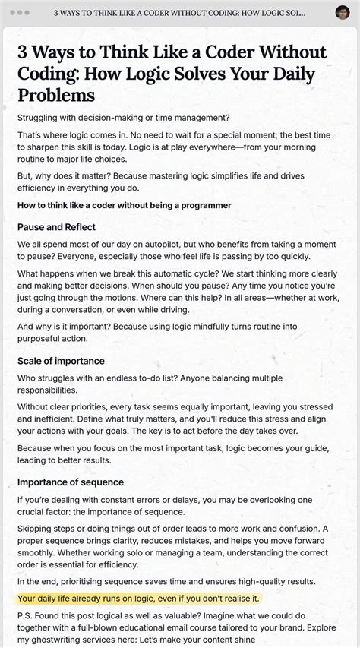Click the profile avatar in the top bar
point(343,13)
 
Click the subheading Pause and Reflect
point(56,227)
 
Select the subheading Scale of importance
point(61,361)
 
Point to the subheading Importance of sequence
point(71,482)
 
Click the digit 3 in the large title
point(24,53)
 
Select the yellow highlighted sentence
point(138,599)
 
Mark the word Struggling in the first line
point(43,117)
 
